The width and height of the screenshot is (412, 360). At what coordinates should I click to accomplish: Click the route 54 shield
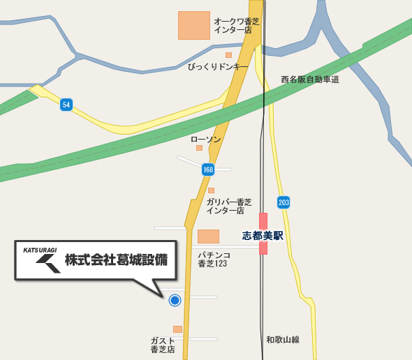click(66, 105)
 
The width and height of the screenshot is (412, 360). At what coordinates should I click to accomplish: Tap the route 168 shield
click(208, 170)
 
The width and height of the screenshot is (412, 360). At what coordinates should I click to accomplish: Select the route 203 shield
click(283, 202)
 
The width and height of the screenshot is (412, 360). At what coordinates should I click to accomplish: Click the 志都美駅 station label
click(263, 236)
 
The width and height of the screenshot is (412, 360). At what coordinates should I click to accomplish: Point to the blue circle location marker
click(175, 300)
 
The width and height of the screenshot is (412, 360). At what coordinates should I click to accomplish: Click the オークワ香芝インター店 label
click(237, 26)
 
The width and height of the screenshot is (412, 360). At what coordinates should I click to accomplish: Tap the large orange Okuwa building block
click(194, 25)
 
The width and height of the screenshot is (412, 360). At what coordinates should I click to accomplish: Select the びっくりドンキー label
click(218, 66)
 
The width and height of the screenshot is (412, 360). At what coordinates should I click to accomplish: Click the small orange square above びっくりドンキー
click(228, 54)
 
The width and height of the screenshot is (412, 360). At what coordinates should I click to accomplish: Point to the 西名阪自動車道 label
click(310, 80)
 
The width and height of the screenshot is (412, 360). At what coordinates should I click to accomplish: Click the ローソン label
click(205, 140)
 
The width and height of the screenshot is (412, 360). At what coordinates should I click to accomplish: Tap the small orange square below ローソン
click(199, 148)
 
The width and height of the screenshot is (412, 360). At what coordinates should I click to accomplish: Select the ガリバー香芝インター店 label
click(228, 206)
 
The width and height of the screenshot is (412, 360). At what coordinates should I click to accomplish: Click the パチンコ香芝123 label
click(214, 260)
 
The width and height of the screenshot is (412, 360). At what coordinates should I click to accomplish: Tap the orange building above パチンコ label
click(208, 237)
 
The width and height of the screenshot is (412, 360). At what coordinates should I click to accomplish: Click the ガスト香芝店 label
click(163, 345)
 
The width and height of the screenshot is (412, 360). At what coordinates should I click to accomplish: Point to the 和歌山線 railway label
click(283, 340)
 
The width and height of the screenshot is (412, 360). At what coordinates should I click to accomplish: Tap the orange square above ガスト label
click(177, 329)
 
